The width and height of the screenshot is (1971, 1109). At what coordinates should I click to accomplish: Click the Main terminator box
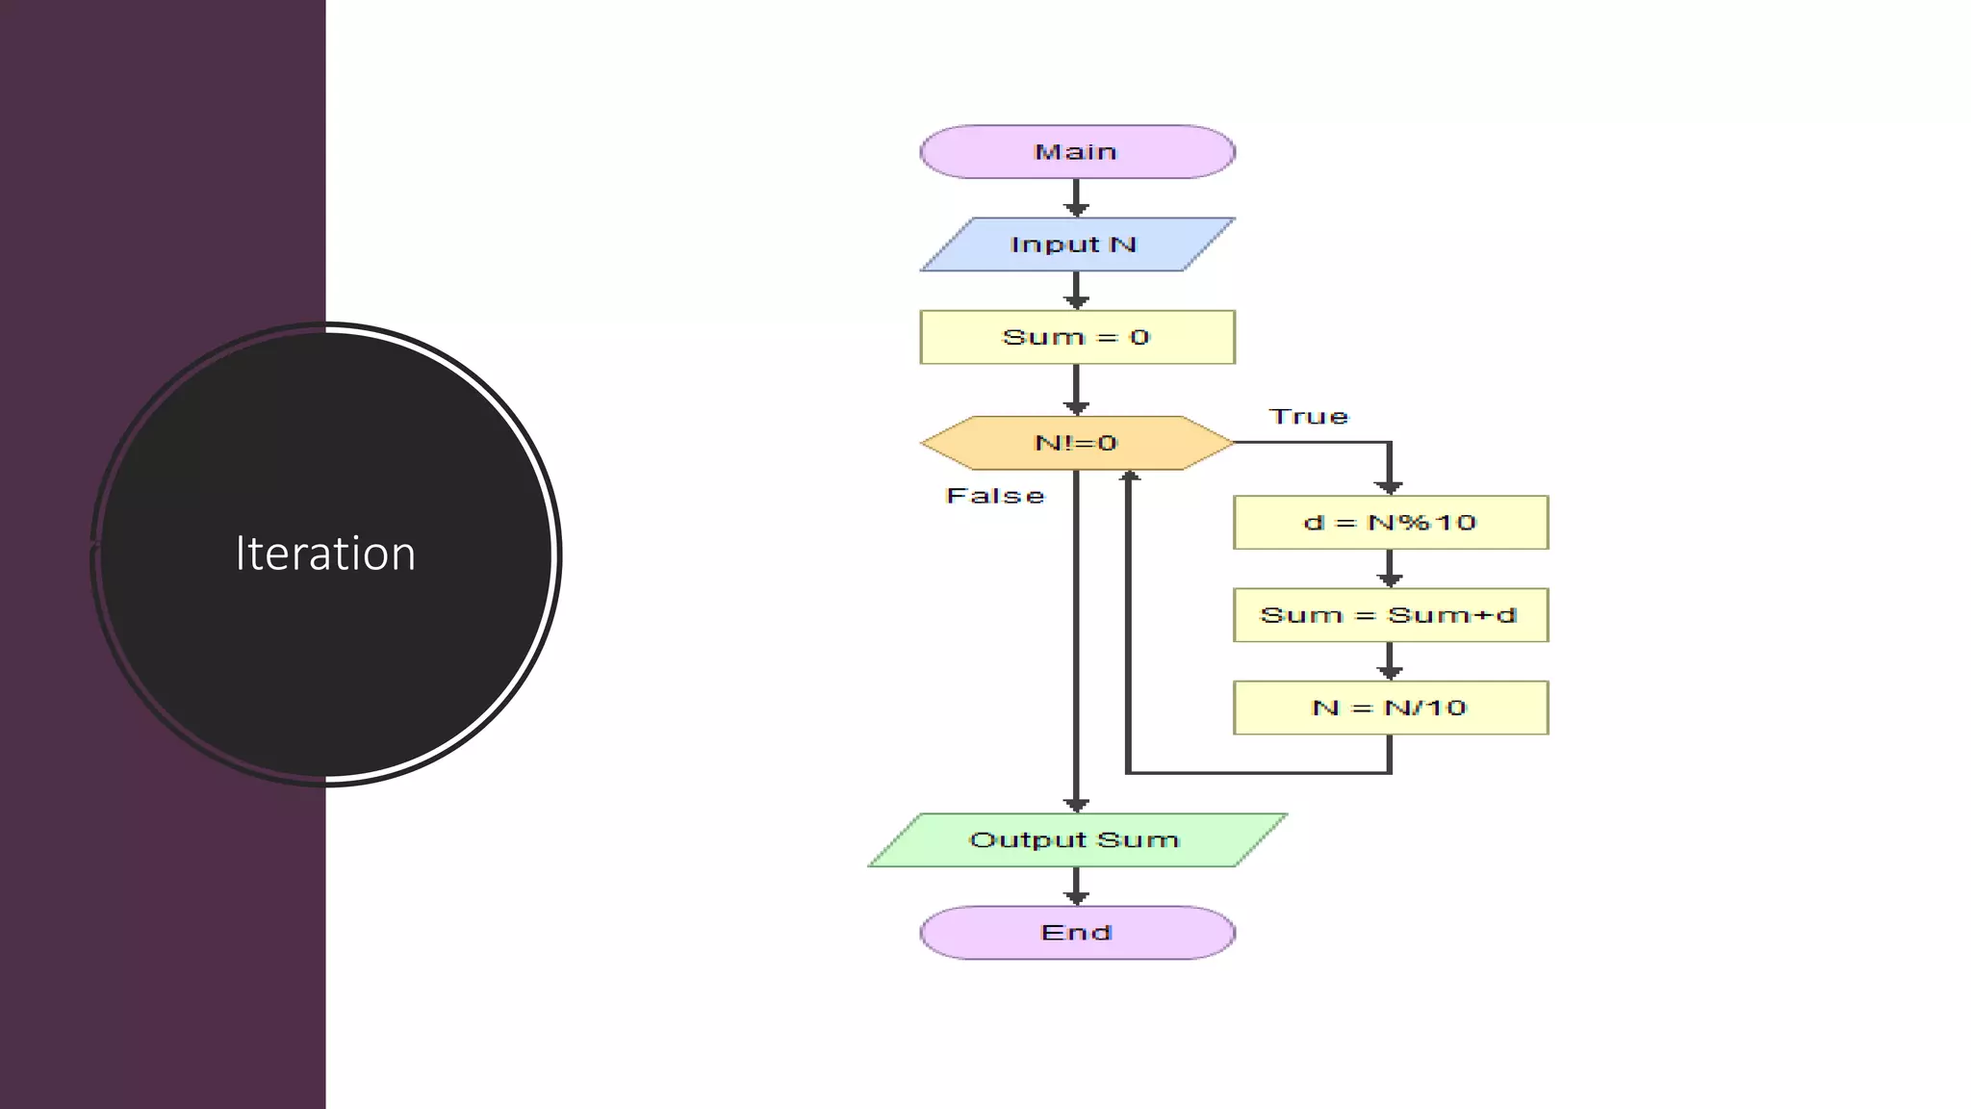coord(1077,152)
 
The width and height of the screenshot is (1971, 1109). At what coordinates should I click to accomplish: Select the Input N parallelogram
coord(1077,245)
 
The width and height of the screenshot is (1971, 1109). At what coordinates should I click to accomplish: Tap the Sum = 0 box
coord(1077,337)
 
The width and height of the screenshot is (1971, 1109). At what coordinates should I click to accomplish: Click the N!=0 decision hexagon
coord(1077,443)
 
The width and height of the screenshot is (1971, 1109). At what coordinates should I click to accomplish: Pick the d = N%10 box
coord(1391,523)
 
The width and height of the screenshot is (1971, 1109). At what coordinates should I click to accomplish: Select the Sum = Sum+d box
coord(1391,615)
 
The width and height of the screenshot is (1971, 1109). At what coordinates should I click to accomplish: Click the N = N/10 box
coord(1391,708)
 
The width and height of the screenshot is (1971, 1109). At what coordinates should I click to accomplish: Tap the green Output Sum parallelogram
coord(1077,839)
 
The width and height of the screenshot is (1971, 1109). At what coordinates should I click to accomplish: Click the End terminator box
coord(1077,932)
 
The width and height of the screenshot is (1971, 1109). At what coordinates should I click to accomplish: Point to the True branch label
coord(1309,417)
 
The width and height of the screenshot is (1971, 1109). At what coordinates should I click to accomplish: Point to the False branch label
coord(995,496)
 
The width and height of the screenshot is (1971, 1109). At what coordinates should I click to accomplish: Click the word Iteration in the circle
coord(325,554)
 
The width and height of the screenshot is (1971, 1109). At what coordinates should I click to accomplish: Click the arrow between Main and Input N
coord(1077,198)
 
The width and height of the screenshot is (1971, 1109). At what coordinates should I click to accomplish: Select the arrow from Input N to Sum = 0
coord(1077,291)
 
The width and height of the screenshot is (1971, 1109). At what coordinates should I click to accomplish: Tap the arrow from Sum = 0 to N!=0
coord(1077,390)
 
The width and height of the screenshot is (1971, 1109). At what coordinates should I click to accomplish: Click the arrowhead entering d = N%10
coord(1389,486)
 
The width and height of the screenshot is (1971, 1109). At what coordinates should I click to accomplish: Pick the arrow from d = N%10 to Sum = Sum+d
coord(1389,569)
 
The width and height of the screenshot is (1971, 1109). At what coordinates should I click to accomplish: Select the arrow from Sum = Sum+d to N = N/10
coord(1389,661)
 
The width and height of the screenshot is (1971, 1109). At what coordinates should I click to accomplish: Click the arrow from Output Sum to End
coord(1077,887)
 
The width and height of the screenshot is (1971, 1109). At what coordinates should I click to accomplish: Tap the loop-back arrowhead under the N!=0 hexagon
coord(1130,477)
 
